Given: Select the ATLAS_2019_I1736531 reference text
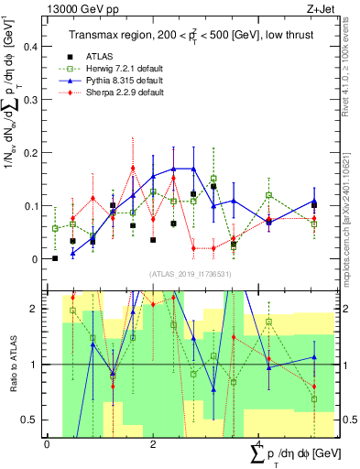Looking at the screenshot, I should click(x=183, y=273).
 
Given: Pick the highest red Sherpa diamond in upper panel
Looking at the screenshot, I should click(x=133, y=169).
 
